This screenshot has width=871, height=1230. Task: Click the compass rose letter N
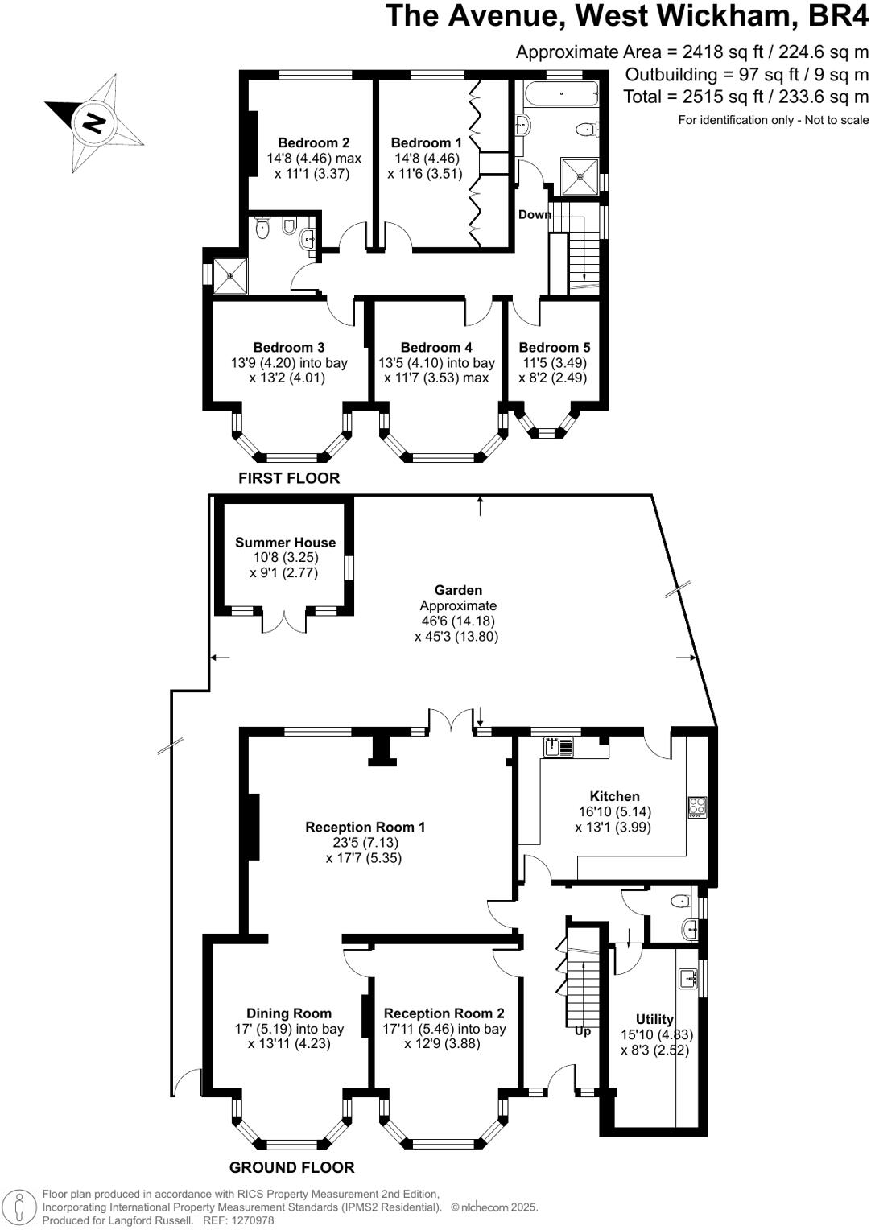click(94, 122)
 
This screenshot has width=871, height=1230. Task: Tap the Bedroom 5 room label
click(554, 348)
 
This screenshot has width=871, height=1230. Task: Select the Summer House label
click(285, 543)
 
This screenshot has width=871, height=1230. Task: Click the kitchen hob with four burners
click(696, 807)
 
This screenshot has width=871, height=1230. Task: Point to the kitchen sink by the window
click(560, 747)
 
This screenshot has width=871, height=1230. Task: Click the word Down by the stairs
click(535, 214)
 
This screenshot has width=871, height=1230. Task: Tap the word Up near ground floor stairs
click(582, 1030)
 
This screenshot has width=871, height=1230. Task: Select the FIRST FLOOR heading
click(289, 478)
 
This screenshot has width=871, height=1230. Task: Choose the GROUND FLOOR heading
click(291, 1167)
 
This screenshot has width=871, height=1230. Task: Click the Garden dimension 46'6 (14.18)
click(457, 621)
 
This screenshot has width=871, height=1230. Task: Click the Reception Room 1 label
click(365, 827)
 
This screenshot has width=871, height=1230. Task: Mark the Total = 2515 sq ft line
click(745, 97)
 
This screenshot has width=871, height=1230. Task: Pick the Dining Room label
click(288, 1013)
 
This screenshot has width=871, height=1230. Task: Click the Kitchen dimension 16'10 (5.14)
click(614, 812)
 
